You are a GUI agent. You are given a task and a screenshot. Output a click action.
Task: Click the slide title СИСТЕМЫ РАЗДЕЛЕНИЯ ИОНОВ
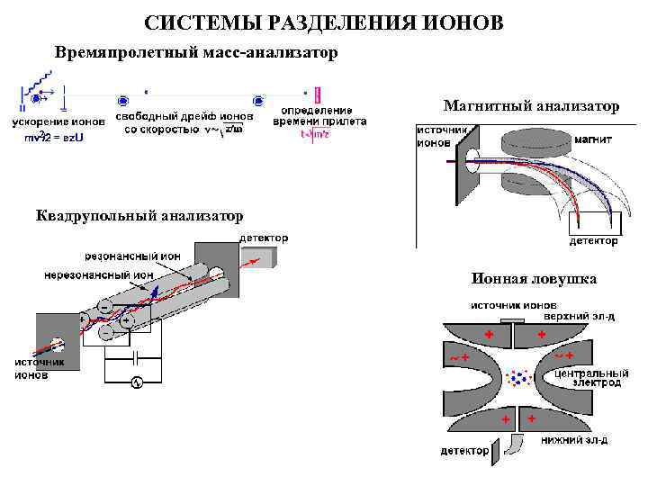tap(324, 22)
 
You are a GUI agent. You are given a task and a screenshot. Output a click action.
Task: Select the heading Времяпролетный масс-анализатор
tap(196, 52)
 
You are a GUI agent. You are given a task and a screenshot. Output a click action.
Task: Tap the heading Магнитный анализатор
tap(532, 107)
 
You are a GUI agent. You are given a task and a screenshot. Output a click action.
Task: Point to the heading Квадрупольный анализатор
tap(139, 216)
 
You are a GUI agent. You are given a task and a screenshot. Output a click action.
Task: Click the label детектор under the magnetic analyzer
tap(593, 240)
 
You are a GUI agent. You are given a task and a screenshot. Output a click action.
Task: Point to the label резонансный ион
tap(132, 256)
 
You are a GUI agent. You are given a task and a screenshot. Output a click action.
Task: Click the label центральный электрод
tap(589, 377)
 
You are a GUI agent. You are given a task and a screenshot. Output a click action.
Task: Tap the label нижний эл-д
tap(574, 440)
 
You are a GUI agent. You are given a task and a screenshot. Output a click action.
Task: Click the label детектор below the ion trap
tap(464, 450)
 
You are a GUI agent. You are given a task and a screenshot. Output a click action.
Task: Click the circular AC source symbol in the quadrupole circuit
tap(137, 382)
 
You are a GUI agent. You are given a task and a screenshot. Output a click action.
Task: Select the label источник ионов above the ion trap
tap(507, 305)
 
